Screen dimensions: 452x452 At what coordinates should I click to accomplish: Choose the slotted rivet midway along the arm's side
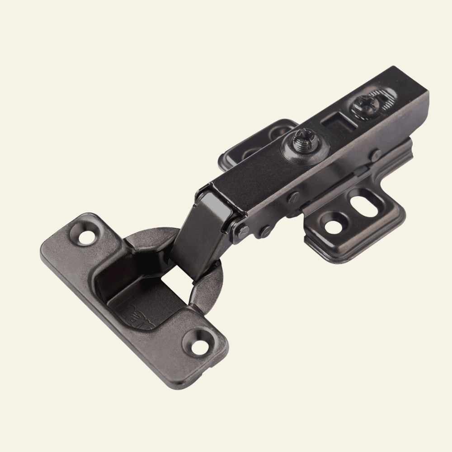click(x=293, y=198)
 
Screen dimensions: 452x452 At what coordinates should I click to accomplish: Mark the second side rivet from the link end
click(x=264, y=231)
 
